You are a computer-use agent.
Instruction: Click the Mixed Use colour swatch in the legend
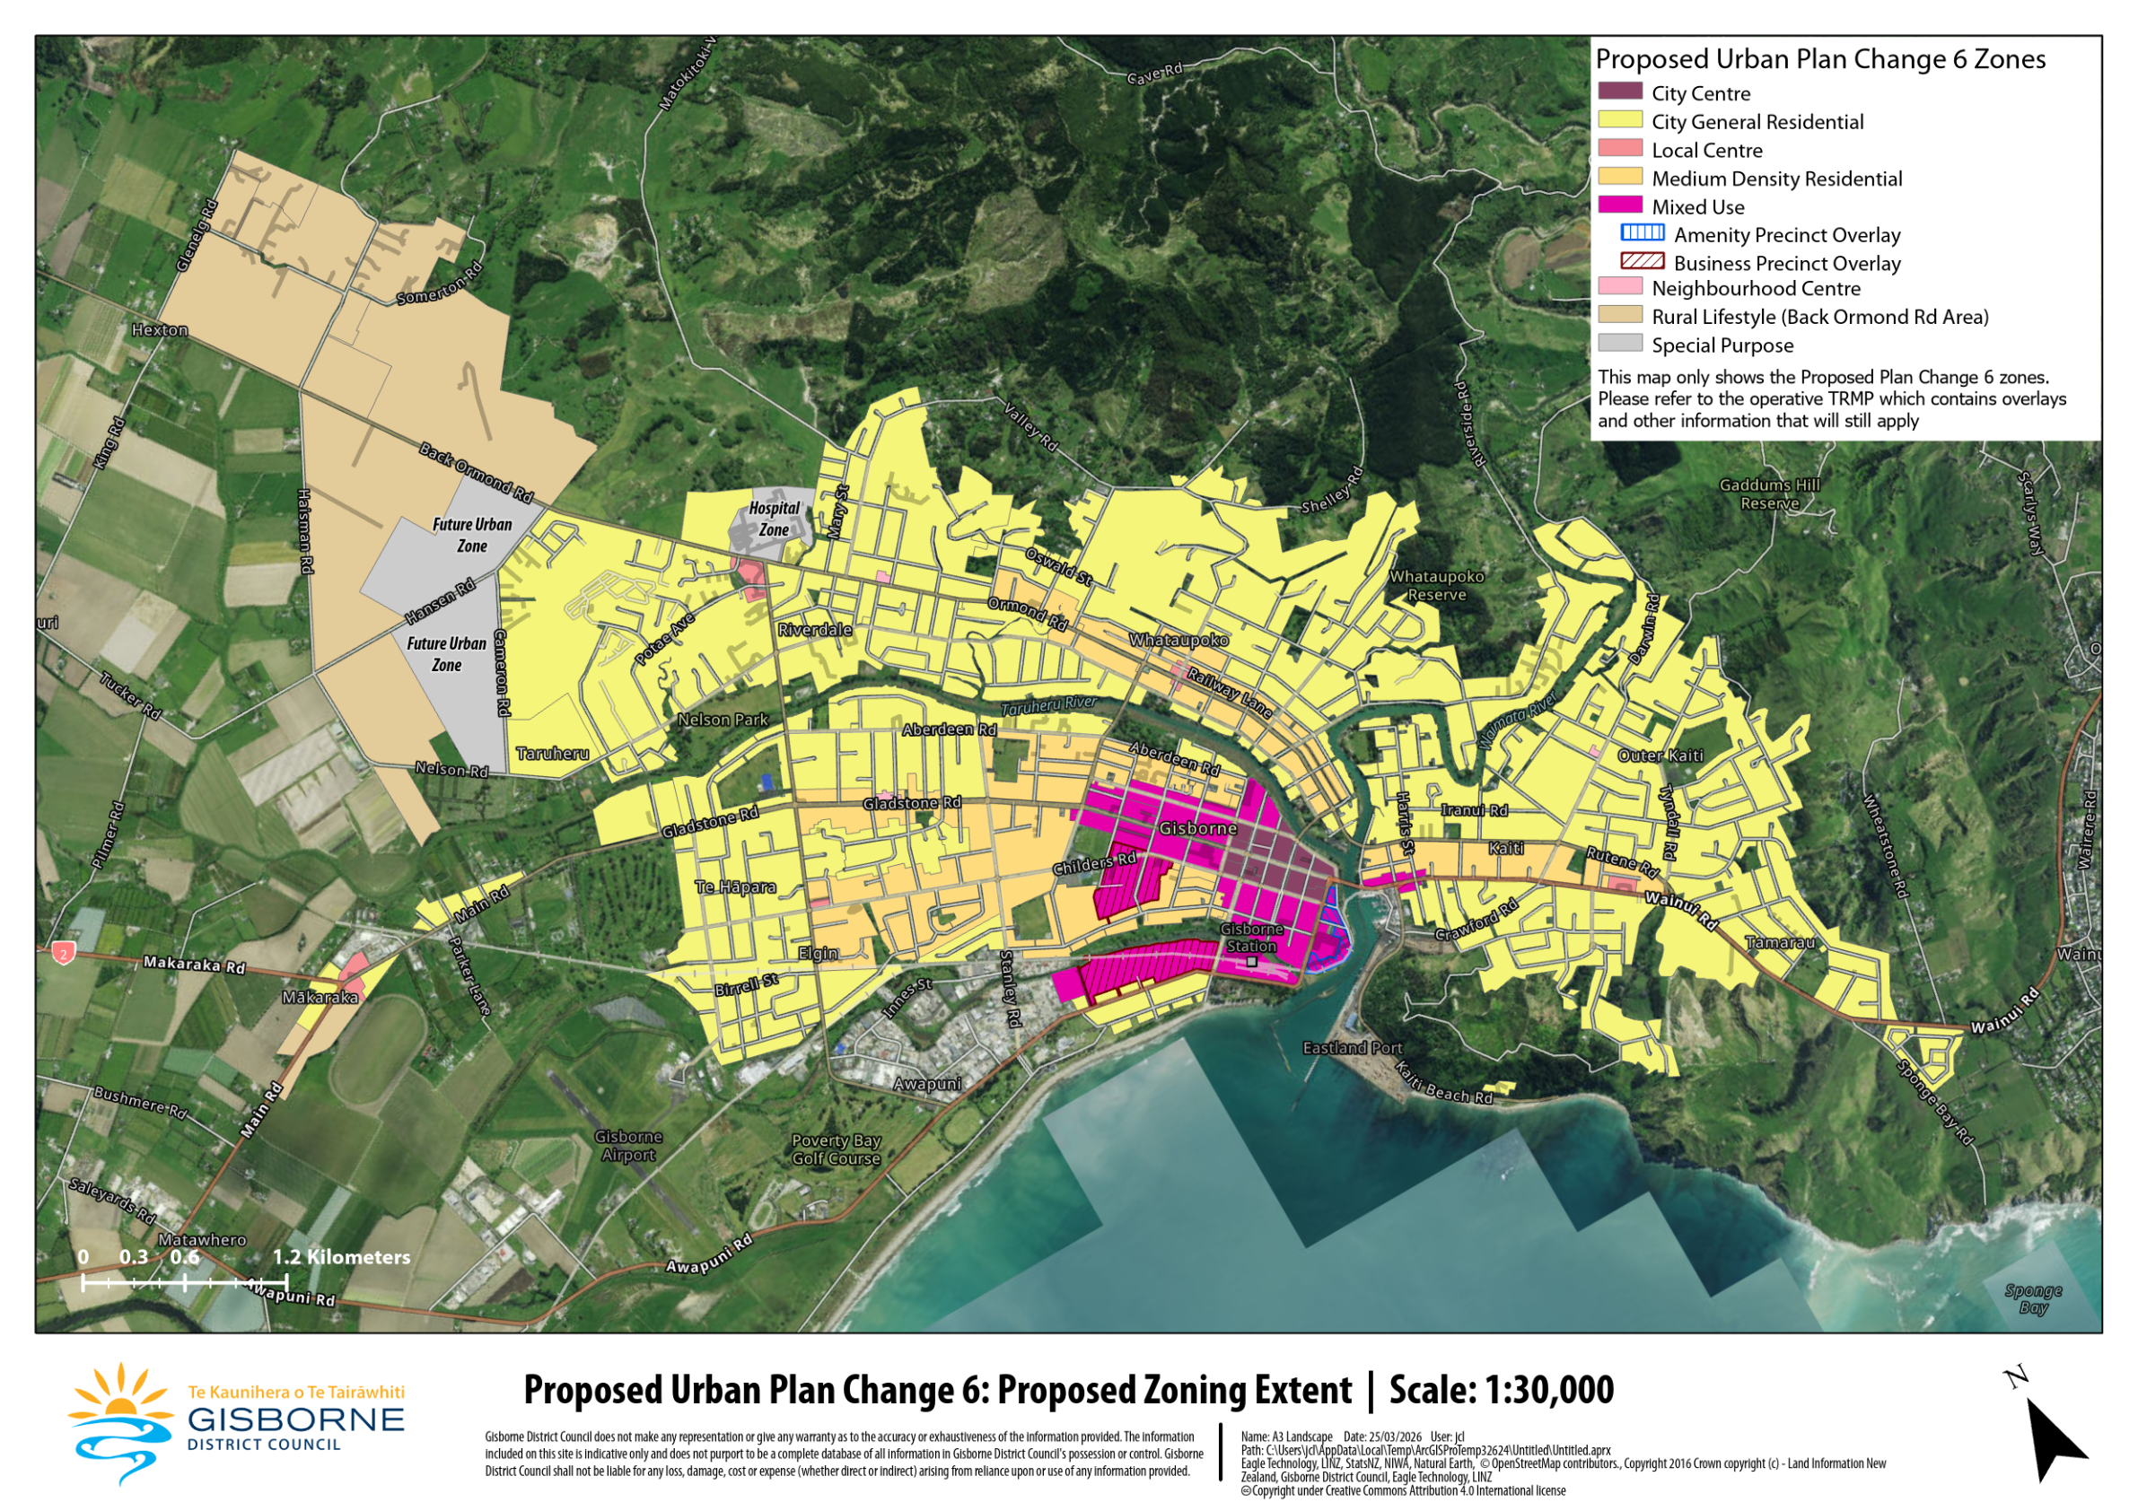1619,205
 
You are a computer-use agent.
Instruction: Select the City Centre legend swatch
1619,92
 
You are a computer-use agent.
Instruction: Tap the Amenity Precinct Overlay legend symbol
1642,232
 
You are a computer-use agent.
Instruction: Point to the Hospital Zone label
774,519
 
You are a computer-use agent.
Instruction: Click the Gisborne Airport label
628,1145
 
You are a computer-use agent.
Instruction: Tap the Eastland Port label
1351,1047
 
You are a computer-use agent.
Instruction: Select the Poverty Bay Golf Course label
836,1149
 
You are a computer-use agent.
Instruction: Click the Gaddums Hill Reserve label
1768,493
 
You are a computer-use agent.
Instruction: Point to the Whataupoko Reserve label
1436,585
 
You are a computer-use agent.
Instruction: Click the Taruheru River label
1048,705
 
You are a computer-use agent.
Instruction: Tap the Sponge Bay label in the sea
2033,1297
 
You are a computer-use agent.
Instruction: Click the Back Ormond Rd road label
475,471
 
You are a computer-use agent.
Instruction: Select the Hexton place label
159,329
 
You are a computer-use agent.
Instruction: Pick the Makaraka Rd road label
194,964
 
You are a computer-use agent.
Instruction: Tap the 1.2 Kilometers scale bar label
341,1256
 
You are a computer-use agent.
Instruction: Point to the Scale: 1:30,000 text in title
1501,1389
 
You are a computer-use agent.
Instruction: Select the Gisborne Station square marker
1251,961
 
